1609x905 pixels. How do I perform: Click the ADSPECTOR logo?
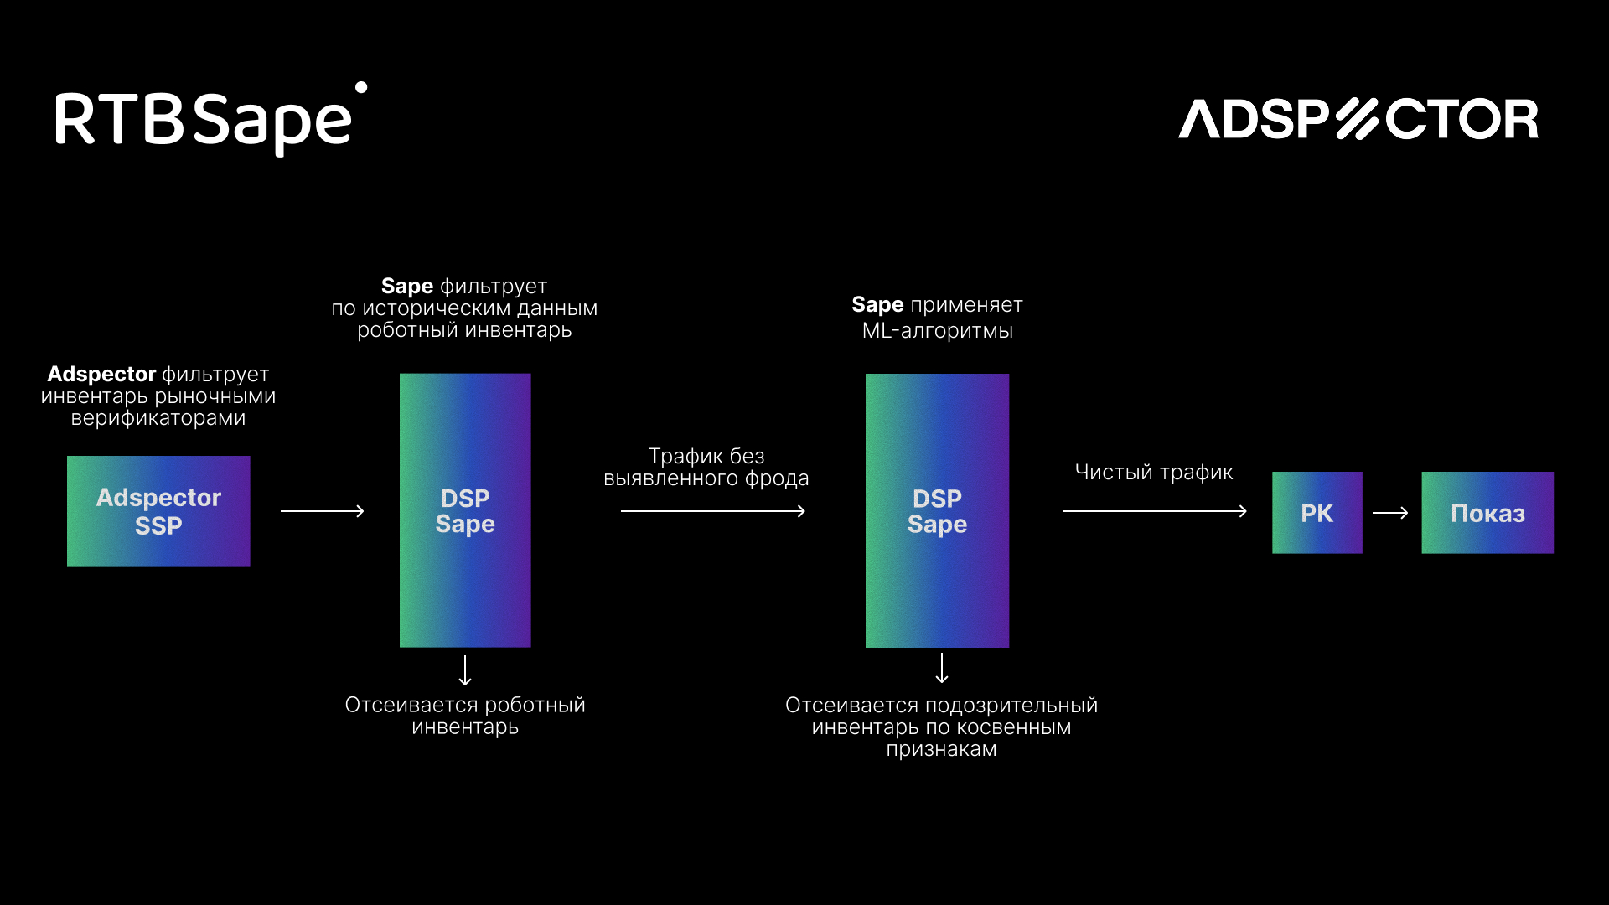pyautogui.click(x=1358, y=119)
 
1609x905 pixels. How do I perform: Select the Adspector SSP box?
pyautogui.click(x=158, y=511)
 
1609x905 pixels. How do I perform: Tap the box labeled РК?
pyautogui.click(x=1317, y=513)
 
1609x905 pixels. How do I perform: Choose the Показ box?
pyautogui.click(x=1487, y=513)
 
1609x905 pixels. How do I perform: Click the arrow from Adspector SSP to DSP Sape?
pyautogui.click(x=323, y=511)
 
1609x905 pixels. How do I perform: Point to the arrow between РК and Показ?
pyautogui.click(x=1390, y=513)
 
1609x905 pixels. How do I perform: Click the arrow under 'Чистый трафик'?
pyautogui.click(x=1155, y=511)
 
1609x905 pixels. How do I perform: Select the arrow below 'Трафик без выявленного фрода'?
pyautogui.click(x=713, y=511)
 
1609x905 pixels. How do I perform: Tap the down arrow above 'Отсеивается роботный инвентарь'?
pyautogui.click(x=465, y=670)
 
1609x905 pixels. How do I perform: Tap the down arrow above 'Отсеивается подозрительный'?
pyautogui.click(x=942, y=668)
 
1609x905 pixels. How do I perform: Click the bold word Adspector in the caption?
pyautogui.click(x=101, y=375)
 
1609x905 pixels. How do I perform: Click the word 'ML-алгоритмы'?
pyautogui.click(x=938, y=331)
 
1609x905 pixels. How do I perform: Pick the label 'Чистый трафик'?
pyautogui.click(x=1154, y=473)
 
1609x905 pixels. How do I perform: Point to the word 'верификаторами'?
pyautogui.click(x=158, y=418)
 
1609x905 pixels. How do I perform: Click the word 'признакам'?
pyautogui.click(x=942, y=750)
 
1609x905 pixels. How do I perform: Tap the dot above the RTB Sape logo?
pyautogui.click(x=361, y=87)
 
